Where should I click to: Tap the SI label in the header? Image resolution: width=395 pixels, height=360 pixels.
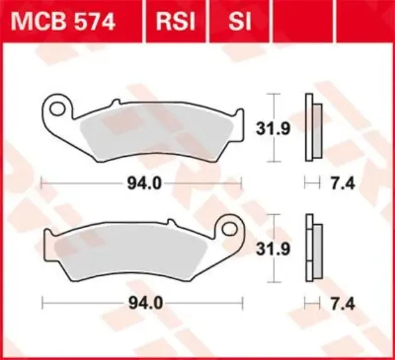tap(240, 22)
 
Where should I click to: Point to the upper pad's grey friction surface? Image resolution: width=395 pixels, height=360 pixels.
tap(158, 136)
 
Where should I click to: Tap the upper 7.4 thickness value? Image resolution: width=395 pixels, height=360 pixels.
tap(342, 184)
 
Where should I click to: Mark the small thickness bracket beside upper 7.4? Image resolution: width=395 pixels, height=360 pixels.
tap(311, 184)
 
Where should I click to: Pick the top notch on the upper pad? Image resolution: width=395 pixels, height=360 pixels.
tap(114, 102)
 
